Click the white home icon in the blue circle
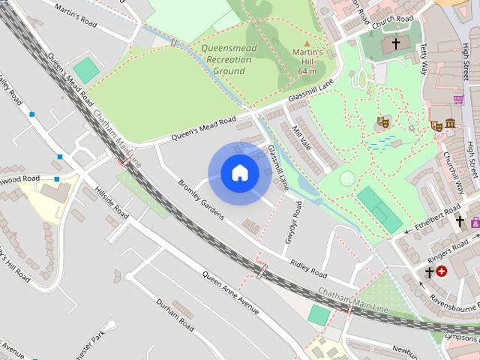(239, 173)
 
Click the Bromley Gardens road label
(201, 199)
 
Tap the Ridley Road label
(308, 268)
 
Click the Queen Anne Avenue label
(230, 292)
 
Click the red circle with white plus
(441, 271)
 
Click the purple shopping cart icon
(458, 98)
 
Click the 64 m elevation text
(307, 71)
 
